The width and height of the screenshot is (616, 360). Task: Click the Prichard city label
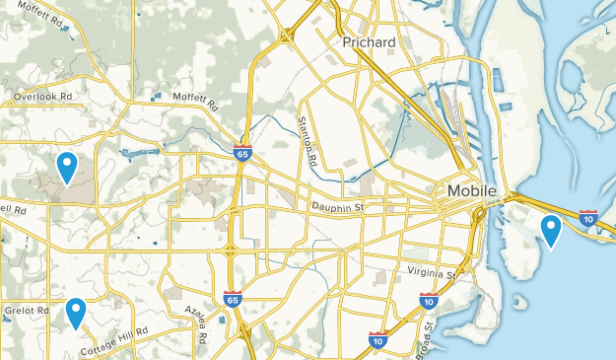(x=369, y=44)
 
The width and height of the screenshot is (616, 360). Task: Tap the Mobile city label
(x=471, y=190)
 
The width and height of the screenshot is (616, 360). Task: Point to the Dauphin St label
(x=338, y=207)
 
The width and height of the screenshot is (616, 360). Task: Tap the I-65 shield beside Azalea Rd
(x=232, y=300)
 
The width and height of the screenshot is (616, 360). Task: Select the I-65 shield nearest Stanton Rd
(x=241, y=154)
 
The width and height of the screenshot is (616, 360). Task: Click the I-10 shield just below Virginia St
(x=428, y=300)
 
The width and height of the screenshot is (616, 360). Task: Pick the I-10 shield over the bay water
(x=588, y=219)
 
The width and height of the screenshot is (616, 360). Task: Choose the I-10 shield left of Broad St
(x=377, y=340)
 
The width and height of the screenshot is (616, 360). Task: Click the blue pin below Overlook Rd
(x=67, y=168)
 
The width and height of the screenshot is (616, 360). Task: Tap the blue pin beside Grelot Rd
(x=76, y=315)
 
